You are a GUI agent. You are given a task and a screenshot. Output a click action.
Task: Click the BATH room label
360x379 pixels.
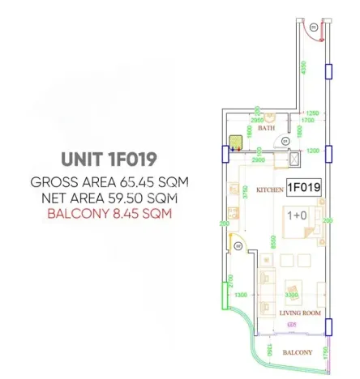click(267, 129)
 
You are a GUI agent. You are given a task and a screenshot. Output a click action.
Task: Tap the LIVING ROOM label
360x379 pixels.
click(300, 313)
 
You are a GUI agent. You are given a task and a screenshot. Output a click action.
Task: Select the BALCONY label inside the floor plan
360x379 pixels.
click(297, 353)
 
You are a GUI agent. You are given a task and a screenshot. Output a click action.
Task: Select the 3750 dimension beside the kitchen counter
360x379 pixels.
click(245, 192)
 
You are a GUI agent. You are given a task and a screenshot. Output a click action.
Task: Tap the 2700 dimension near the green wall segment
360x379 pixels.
click(232, 281)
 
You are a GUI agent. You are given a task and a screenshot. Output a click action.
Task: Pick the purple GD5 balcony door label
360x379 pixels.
click(291, 326)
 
